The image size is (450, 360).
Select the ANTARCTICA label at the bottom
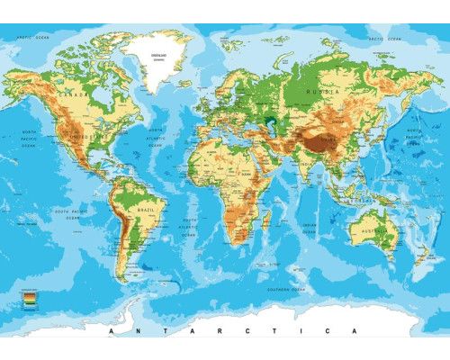[x=225, y=332]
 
